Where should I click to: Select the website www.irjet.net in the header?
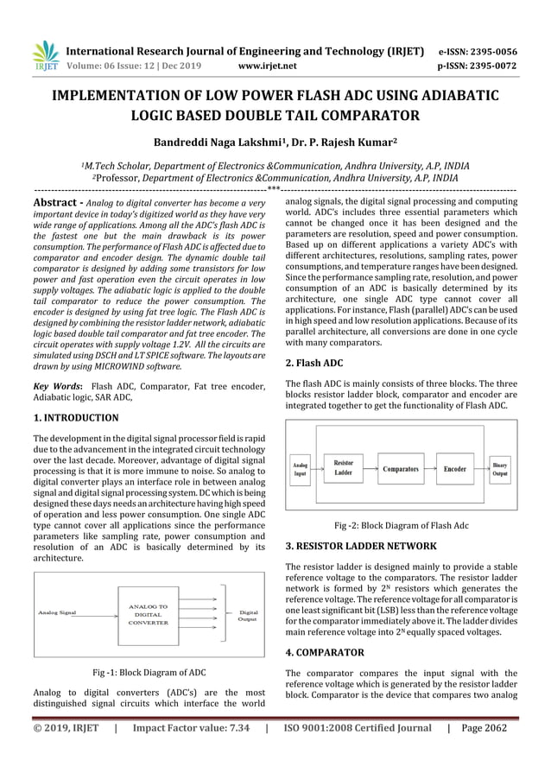(266, 65)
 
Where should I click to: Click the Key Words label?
(57, 385)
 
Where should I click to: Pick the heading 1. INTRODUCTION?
(76, 418)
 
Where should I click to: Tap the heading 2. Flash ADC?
(314, 364)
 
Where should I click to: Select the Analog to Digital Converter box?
(149, 615)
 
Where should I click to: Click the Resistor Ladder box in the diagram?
(343, 468)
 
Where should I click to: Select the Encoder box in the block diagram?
(454, 469)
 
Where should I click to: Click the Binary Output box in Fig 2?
(500, 469)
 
